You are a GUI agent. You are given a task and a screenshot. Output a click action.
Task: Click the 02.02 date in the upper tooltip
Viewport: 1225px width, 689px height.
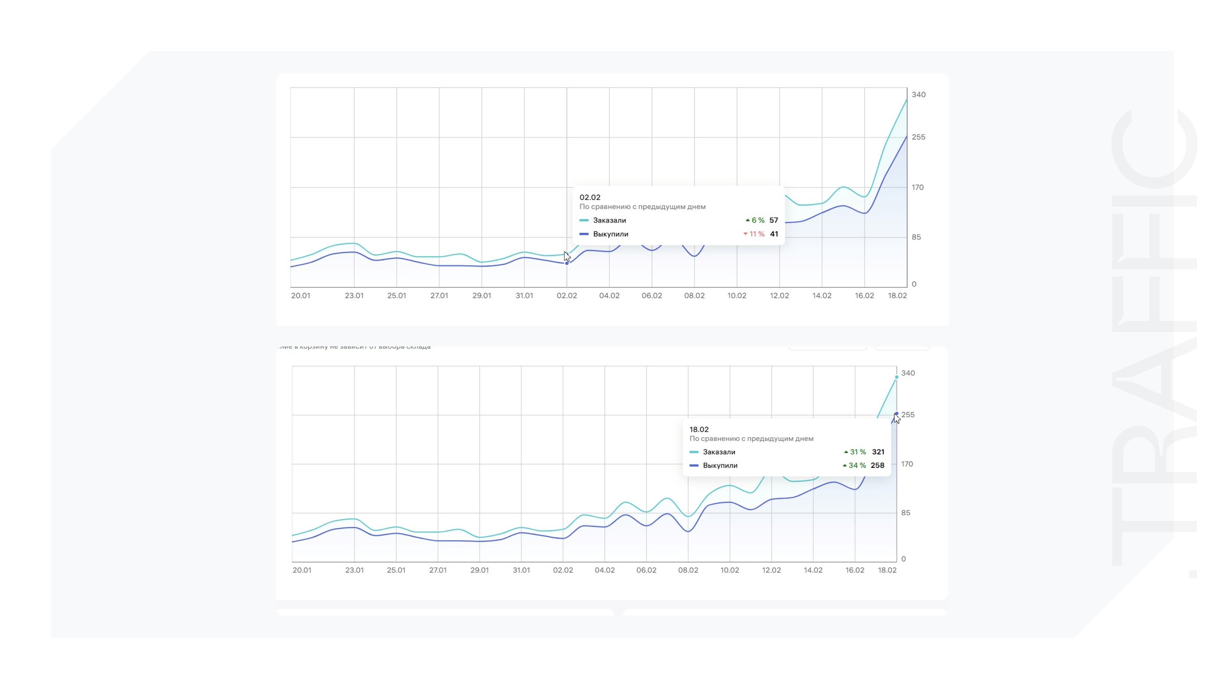click(590, 197)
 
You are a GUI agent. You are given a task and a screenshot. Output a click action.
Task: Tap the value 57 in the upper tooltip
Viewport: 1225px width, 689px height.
click(774, 220)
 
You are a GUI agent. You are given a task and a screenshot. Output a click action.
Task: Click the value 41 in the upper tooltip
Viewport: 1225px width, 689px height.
click(774, 234)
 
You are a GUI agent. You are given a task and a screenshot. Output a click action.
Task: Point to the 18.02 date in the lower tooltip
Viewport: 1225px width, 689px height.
click(699, 429)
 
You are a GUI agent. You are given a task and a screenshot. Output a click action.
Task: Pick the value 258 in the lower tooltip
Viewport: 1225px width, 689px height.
click(877, 465)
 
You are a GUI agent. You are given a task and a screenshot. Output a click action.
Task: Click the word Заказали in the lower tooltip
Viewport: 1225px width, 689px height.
click(718, 452)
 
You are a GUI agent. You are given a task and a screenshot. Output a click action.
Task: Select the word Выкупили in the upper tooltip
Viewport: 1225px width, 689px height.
click(610, 234)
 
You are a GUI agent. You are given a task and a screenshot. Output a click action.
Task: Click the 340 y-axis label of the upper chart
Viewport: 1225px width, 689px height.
click(918, 95)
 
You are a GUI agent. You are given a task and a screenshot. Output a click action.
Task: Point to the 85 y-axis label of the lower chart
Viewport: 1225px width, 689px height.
click(905, 513)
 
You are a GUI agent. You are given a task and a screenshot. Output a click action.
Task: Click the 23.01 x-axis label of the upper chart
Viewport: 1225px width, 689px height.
click(354, 295)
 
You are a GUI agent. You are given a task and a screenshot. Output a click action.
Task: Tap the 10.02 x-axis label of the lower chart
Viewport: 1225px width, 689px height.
click(730, 570)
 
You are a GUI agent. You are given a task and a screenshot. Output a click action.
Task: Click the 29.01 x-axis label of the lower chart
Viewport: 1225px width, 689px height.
click(479, 570)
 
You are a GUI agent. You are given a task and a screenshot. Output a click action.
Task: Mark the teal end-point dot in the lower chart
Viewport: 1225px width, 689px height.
click(896, 377)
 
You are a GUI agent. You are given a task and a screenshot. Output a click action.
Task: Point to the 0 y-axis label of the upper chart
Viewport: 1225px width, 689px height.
click(914, 284)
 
